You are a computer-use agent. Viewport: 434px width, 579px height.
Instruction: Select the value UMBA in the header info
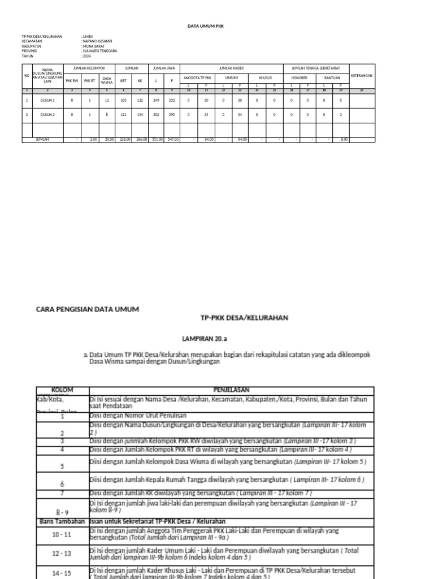[x=88, y=36]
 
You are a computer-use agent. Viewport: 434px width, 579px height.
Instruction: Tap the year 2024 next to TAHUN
[x=87, y=57]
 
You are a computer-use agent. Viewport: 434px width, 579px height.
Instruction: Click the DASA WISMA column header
[x=106, y=80]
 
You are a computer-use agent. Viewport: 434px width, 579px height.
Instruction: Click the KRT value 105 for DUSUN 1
[x=123, y=100]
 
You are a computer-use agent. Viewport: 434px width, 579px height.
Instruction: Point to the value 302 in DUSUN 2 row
[x=157, y=115]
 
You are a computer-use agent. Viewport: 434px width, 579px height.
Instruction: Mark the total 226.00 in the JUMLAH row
[x=123, y=139]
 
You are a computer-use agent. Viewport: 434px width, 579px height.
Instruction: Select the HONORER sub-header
[x=300, y=77]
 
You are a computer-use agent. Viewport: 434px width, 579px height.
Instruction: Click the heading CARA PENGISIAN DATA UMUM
[x=87, y=309]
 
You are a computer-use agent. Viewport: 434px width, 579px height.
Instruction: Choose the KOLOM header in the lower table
[x=62, y=390]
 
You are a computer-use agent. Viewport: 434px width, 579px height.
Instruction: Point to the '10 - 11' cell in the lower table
[x=62, y=534]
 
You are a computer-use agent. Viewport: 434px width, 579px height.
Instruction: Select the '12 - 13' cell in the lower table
[x=62, y=554]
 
